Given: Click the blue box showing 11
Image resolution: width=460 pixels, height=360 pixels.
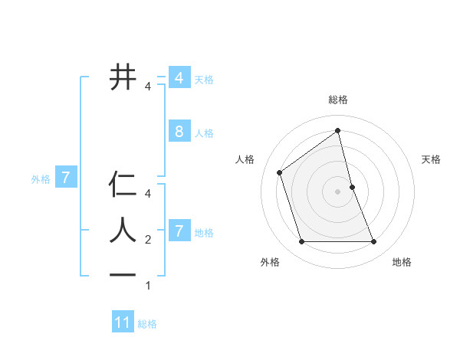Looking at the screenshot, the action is click(123, 322).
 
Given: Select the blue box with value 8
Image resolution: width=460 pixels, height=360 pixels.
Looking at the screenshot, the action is click(179, 132).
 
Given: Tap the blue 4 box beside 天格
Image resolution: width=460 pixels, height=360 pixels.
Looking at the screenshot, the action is click(179, 78).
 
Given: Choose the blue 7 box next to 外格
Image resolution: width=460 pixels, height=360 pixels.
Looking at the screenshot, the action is click(66, 178).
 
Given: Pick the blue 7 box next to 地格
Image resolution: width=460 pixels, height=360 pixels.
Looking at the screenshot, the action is click(179, 231).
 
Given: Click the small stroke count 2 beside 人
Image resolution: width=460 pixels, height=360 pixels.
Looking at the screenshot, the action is click(148, 241).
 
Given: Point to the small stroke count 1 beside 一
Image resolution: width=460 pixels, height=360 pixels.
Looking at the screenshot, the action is click(148, 286).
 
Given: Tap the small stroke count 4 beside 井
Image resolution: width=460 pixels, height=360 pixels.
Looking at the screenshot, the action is click(148, 87).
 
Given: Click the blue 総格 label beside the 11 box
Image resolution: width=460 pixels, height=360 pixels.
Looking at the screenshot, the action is click(147, 324).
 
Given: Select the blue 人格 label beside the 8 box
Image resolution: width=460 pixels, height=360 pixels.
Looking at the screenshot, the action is click(204, 133).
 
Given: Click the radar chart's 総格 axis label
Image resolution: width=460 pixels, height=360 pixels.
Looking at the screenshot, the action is click(338, 100).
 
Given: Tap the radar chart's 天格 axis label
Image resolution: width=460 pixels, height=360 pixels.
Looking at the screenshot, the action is click(432, 159).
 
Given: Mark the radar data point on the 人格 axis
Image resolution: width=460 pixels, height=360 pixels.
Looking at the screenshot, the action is click(280, 172).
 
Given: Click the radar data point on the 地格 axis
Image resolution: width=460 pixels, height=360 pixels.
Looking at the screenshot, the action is click(374, 242).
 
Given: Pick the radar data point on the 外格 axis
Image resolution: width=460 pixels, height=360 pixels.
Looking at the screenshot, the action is click(301, 242).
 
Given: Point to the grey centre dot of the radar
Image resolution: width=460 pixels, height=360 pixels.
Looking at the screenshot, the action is click(338, 191).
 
